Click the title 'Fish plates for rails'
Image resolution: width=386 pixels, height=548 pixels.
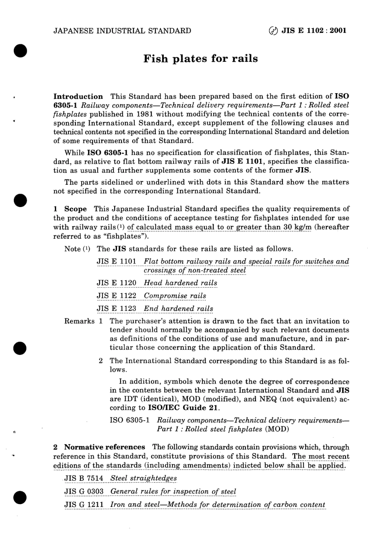point(200,59)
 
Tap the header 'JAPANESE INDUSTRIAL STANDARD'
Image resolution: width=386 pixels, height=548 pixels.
point(122,31)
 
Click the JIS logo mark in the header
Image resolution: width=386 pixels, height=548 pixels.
point(274,31)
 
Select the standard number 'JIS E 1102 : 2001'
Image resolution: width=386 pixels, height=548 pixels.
point(314,31)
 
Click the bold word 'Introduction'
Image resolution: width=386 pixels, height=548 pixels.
point(78,96)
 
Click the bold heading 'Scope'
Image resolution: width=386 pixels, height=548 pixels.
point(75,209)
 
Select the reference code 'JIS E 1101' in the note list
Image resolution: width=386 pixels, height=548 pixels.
point(116,261)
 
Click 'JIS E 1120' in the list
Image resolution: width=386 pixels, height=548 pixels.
point(116,283)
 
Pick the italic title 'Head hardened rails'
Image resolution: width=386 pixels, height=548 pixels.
point(180,283)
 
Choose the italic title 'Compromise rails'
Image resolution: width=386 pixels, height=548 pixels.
point(175,296)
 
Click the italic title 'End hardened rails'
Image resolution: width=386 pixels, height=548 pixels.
point(178,308)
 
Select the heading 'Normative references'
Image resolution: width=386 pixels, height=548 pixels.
point(104,447)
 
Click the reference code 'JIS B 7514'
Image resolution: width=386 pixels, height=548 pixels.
point(84,478)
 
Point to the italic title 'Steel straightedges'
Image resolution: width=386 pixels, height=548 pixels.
point(143,478)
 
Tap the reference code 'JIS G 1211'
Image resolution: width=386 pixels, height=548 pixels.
point(84,504)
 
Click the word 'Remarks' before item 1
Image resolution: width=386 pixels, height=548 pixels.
point(79,321)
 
